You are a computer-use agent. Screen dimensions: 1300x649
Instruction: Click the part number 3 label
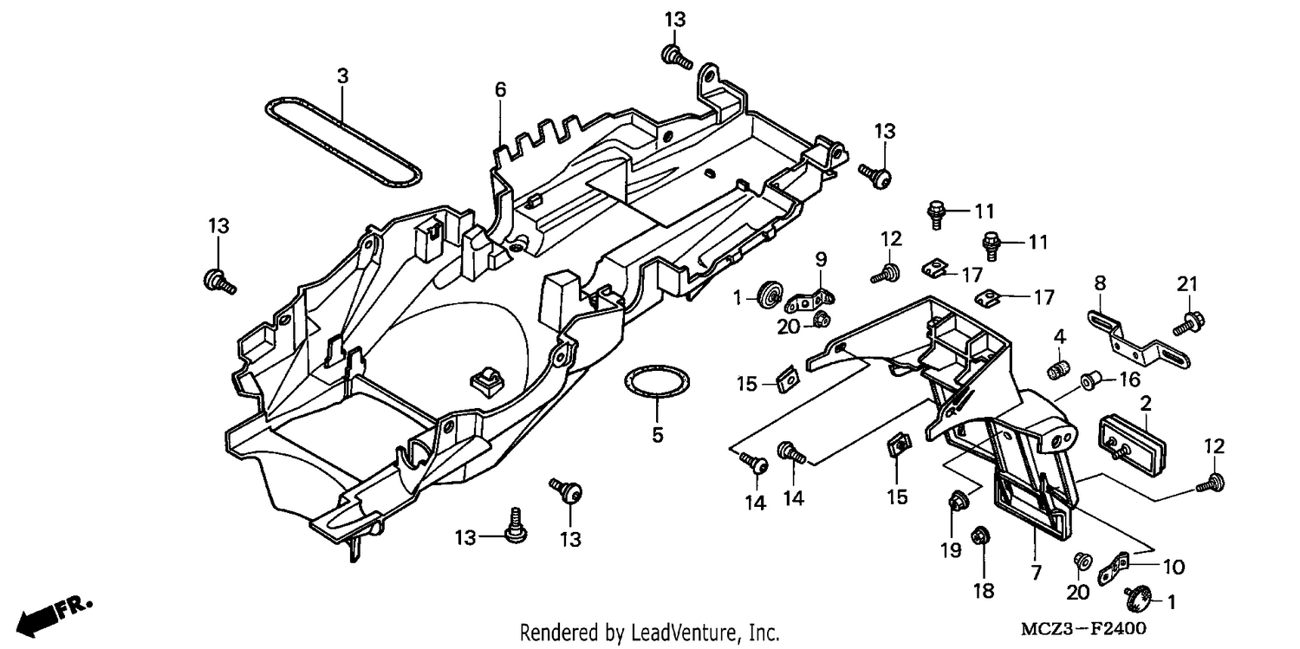click(342, 76)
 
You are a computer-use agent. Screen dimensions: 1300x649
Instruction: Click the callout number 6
click(500, 90)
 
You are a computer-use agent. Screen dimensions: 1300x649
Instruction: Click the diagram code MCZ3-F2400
click(1083, 629)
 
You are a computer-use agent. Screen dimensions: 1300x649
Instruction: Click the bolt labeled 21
click(1188, 322)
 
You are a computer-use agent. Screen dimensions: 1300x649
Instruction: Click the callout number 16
click(1129, 380)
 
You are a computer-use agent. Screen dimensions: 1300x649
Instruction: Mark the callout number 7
click(1037, 573)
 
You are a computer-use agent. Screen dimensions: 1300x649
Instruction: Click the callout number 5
click(657, 435)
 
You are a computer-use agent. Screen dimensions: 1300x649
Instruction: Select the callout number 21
click(1187, 284)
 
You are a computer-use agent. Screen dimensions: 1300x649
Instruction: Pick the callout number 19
click(952, 550)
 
